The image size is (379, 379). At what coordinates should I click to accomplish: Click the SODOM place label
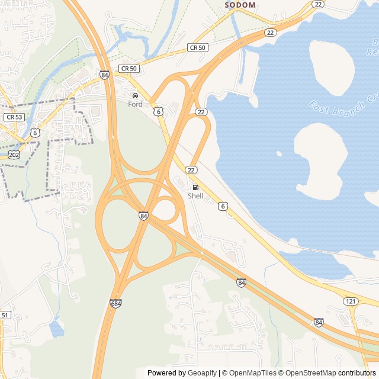[x=240, y=5]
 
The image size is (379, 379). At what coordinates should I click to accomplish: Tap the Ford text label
[x=135, y=104]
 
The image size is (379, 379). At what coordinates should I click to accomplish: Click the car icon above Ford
[x=135, y=95]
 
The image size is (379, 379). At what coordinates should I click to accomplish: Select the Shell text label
[x=195, y=196]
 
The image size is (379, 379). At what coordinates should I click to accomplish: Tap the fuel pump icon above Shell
[x=195, y=187]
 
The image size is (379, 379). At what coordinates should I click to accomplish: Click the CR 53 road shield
[x=14, y=117]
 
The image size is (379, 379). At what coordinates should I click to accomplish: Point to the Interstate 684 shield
[x=116, y=303]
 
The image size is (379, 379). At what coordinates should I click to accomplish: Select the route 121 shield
[x=351, y=301]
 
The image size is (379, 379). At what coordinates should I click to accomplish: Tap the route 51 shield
[x=5, y=315]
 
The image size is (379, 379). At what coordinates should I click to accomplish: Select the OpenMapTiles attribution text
[x=248, y=373]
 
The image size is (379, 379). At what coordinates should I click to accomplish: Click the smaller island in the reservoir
[x=331, y=65]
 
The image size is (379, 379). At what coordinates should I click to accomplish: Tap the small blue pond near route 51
[x=57, y=327]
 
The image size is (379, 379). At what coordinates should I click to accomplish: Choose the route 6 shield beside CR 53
[x=36, y=133]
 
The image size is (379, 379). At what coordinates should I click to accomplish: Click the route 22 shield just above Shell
[x=191, y=170]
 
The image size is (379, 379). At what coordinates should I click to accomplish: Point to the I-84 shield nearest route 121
[x=319, y=322]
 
